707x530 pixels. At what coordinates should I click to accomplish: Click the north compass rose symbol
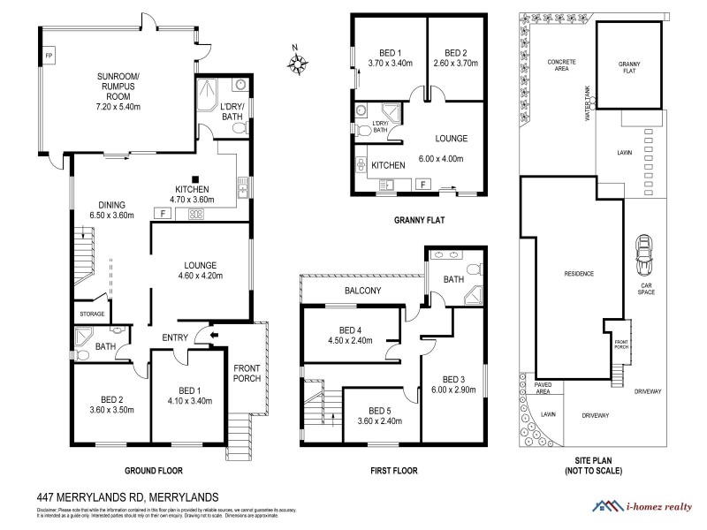[299, 61]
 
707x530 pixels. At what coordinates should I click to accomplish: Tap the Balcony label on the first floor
[362, 291]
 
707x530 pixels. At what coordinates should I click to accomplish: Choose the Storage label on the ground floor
[93, 314]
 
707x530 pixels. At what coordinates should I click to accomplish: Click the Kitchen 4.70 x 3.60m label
[192, 195]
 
